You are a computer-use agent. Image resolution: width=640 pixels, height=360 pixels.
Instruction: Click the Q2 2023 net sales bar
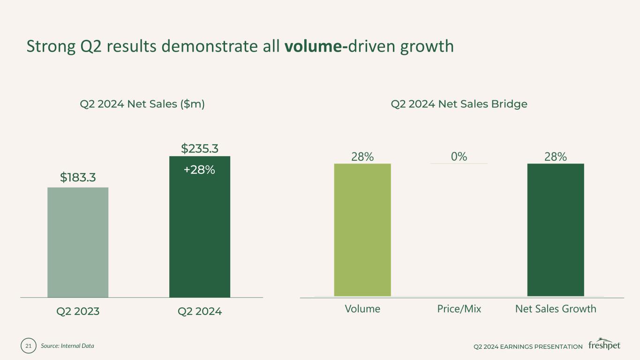78,242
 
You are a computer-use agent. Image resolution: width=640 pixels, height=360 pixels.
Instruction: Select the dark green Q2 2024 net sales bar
199,234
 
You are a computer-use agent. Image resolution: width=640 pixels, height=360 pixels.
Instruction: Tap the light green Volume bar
362,230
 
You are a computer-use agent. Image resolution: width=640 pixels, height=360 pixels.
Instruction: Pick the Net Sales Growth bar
556,230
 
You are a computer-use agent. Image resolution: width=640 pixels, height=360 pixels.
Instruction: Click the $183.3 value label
78,177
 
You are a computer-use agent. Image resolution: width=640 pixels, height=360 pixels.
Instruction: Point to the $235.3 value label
200,149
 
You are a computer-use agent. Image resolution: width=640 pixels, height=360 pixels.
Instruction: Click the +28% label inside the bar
199,170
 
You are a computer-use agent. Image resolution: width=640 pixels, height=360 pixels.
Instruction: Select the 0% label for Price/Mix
459,157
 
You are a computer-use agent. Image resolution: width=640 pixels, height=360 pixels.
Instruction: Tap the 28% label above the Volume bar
362,157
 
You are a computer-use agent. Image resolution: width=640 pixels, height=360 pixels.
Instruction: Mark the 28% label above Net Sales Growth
556,157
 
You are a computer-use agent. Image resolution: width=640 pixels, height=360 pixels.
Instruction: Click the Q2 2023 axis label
78,311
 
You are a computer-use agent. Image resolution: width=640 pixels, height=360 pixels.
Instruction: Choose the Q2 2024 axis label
200,311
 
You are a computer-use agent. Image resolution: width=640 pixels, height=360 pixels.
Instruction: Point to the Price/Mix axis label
459,309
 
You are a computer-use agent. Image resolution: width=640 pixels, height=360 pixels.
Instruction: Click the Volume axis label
362,309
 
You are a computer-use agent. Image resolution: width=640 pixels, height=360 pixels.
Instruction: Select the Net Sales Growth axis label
556,309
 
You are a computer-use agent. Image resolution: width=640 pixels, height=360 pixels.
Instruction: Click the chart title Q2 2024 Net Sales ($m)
142,104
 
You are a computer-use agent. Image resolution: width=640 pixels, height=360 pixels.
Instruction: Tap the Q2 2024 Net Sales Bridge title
459,104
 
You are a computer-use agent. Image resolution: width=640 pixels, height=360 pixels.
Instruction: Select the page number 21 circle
28,346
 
